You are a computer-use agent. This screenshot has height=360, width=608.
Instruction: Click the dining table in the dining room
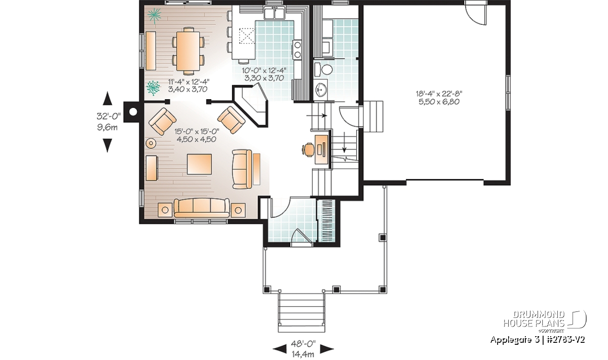[188, 51]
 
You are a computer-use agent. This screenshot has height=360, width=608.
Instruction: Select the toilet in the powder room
[324, 69]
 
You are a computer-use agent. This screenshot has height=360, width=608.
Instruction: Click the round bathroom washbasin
[321, 89]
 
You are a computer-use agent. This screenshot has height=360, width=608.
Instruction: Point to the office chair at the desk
[308, 149]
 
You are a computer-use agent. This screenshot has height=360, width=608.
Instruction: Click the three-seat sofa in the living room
[202, 208]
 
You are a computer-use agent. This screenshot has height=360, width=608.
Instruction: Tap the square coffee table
[199, 164]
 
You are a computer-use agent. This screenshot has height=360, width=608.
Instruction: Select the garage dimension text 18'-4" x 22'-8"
[439, 94]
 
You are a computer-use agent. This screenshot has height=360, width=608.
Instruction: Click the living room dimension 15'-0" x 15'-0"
[197, 132]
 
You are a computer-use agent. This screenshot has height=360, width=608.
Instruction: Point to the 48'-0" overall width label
[303, 344]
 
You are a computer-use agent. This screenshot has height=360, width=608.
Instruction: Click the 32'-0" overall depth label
[108, 116]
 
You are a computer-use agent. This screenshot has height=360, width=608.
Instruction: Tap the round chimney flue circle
[132, 111]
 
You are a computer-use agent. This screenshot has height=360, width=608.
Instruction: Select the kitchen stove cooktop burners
[297, 49]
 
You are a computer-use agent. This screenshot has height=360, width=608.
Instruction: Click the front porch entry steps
[301, 312]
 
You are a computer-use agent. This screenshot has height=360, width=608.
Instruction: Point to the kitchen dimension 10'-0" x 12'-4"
[264, 70]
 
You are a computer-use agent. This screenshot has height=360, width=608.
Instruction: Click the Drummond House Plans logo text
[534, 319]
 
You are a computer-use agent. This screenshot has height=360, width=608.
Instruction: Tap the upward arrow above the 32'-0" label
[107, 98]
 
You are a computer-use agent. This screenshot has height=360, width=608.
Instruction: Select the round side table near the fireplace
[151, 143]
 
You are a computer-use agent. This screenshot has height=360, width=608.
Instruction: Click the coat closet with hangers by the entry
[326, 221]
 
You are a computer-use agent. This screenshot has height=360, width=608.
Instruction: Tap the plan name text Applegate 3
[511, 340]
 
